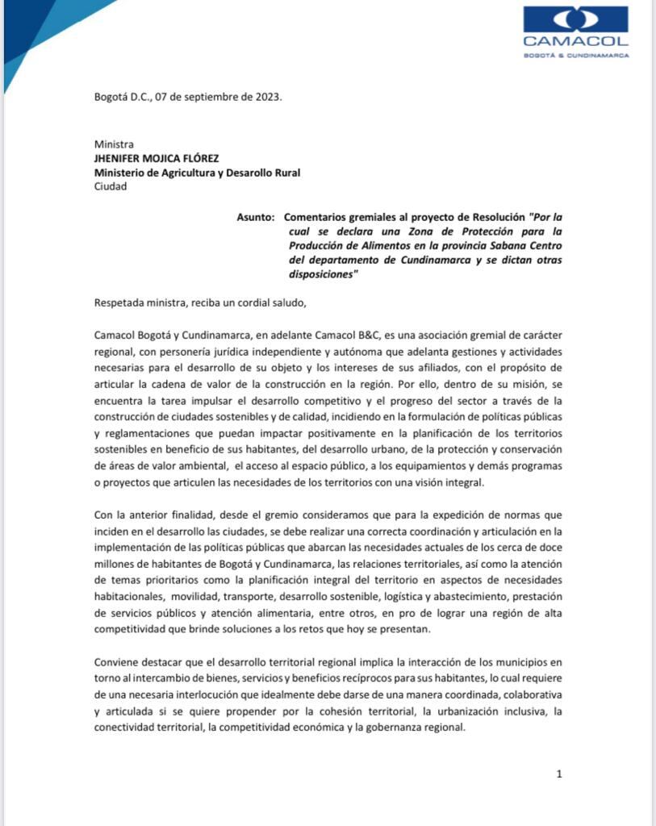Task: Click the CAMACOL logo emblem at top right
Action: point(575,19)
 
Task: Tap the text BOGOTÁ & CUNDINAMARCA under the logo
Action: point(575,56)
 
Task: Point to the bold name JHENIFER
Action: point(119,158)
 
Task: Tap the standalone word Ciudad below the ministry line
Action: point(111,186)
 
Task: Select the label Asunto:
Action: point(256,218)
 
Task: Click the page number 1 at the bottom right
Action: point(558,774)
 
